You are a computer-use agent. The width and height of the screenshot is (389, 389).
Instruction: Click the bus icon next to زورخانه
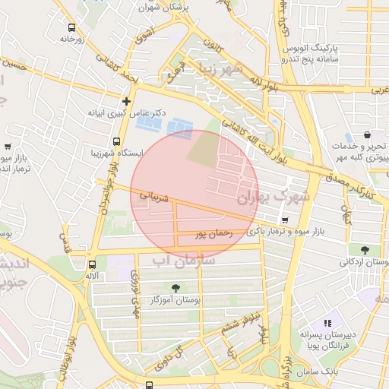coord(71,27)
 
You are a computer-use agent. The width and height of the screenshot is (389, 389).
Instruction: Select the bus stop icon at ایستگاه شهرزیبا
coord(116,141)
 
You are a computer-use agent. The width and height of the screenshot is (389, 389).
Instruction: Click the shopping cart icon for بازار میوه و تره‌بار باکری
coord(263,220)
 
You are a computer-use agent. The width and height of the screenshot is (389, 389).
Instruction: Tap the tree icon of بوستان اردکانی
coord(365,249)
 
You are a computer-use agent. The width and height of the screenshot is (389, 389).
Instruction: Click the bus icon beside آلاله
coord(92,264)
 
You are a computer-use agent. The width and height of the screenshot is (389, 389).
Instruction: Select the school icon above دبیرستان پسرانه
coord(328,323)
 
